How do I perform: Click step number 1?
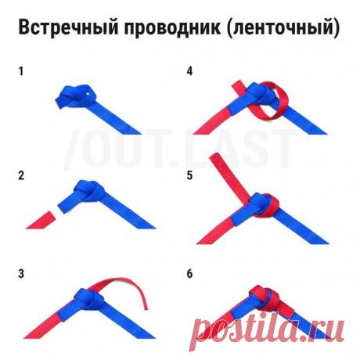[x=22, y=71]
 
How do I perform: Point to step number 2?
[x=22, y=175]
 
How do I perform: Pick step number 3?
[x=22, y=274]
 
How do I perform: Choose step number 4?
[x=189, y=71]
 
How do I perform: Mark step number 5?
[x=189, y=175]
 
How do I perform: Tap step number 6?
[x=189, y=274]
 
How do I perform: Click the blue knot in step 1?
[x=75, y=95]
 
